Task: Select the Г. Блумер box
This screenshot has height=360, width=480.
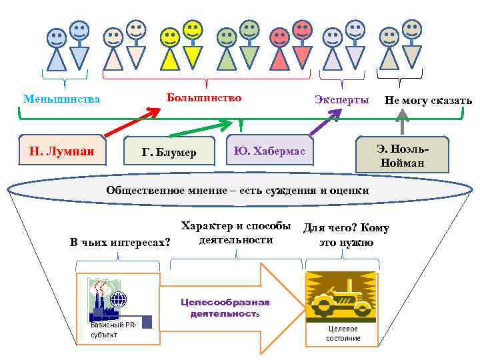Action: (x=169, y=153)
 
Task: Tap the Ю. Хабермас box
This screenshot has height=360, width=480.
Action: (x=269, y=153)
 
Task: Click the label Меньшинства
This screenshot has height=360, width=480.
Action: (x=61, y=99)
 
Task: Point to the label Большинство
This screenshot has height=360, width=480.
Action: (x=204, y=98)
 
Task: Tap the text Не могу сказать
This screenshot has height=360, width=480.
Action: (x=427, y=101)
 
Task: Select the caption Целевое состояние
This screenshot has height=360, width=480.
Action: (x=343, y=333)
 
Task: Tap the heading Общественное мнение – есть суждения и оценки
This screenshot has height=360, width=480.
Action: (x=237, y=191)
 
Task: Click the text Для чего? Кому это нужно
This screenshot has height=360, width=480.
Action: (x=346, y=235)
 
